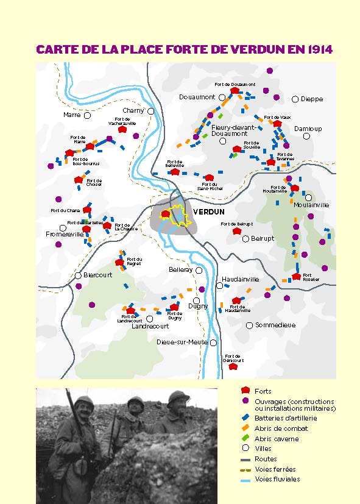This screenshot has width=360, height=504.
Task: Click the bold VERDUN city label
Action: tap(208, 211)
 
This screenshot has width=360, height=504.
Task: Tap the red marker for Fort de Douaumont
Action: tap(235, 91)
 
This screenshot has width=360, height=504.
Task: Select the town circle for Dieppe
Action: tap(295, 99)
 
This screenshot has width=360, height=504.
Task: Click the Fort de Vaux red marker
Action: tap(277, 124)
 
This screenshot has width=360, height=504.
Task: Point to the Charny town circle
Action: tap(150, 111)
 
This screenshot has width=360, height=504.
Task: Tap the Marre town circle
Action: tap(87, 115)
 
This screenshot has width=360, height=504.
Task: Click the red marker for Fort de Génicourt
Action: tap(232, 366)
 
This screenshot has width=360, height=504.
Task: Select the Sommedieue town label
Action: tap(275, 325)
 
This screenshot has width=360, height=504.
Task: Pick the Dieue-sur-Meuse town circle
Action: tap(213, 343)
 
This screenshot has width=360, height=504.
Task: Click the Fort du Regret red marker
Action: tap(120, 263)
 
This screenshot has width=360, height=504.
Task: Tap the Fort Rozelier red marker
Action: tap(297, 276)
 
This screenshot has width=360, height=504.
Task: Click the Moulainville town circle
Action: tap(308, 197)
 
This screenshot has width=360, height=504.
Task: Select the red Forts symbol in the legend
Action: tap(245, 391)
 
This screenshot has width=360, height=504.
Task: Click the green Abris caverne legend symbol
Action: tap(245, 439)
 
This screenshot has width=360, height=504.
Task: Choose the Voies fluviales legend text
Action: tap(277, 479)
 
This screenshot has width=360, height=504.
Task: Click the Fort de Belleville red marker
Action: tap(175, 172)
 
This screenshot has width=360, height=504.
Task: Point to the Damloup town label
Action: tap(308, 129)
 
